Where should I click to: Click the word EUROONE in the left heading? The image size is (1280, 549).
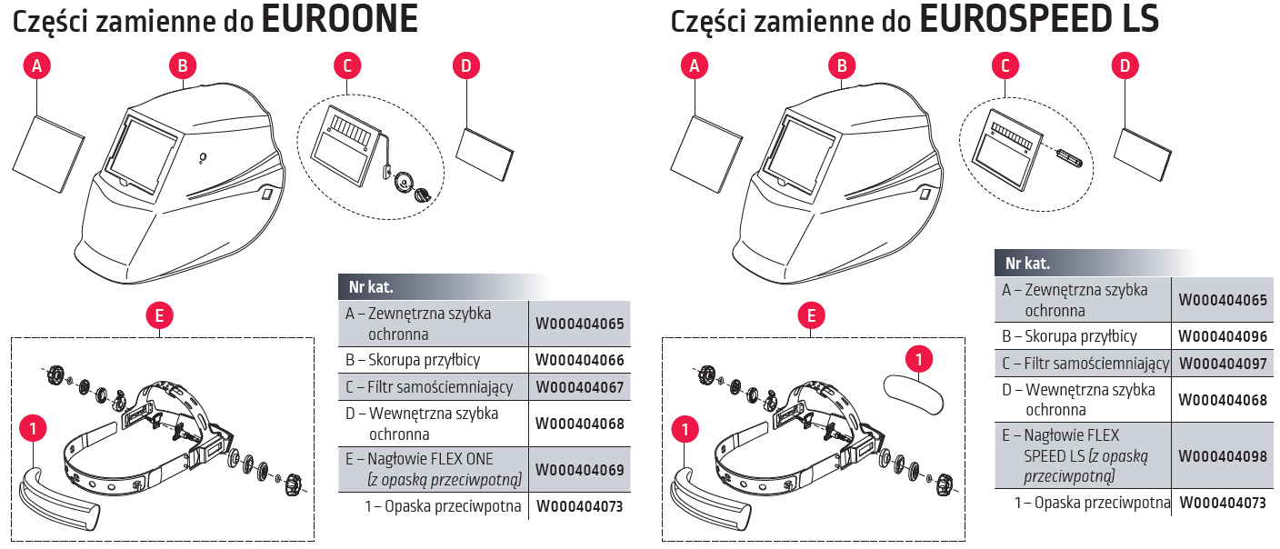339,20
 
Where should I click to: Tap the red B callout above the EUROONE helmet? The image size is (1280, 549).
183,65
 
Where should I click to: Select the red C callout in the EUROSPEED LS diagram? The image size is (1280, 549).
1005,65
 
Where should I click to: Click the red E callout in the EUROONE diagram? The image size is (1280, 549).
159,315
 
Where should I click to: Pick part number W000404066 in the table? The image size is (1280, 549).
580,360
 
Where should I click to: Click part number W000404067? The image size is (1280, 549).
580,387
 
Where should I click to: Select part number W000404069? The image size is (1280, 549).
580,470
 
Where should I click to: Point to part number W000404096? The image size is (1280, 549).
1223,336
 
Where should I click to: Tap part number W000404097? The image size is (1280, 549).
1223,364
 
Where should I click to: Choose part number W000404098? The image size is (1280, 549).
1223,457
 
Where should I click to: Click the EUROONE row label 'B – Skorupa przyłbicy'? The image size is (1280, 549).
413,360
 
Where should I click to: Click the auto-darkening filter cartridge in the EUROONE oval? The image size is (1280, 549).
345,144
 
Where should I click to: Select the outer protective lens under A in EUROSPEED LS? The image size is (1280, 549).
707,145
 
